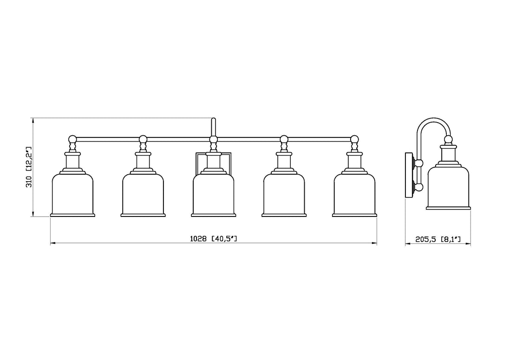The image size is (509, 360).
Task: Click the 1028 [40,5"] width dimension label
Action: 213,239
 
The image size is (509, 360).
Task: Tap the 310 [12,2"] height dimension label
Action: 29,167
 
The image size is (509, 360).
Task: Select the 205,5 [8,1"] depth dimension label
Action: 438,240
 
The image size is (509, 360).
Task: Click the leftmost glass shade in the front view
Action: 73,195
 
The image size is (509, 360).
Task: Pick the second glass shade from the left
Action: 143,195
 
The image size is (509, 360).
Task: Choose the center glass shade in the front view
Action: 214,195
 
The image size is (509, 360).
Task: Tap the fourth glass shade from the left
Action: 284,195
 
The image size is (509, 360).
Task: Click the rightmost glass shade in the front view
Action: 354,195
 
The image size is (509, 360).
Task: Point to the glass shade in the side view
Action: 448,188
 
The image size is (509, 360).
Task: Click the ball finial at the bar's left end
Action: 73,139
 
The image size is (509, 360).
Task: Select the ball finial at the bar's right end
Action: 354,139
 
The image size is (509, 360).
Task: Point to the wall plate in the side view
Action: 409,175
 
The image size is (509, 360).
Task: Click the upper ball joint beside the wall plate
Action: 419,164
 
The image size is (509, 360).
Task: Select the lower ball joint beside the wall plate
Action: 419,187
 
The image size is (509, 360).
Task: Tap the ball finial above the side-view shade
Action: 448,139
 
